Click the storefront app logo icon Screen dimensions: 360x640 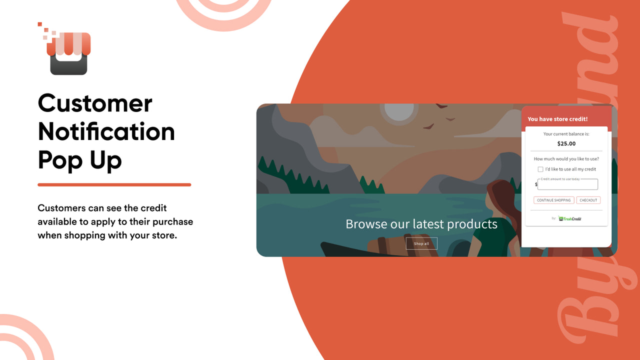[68, 53]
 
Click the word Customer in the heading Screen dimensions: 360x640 [95, 103]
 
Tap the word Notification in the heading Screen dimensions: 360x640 [106, 131]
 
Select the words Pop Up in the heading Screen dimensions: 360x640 [79, 160]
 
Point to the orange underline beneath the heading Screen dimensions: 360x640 [114, 184]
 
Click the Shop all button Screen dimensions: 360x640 [421, 243]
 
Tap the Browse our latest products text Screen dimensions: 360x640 [421, 223]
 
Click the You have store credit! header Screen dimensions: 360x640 [557, 119]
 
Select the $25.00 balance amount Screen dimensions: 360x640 [566, 143]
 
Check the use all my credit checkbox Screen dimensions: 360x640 [540, 169]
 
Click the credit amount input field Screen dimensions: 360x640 [568, 184]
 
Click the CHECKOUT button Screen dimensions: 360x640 [588, 200]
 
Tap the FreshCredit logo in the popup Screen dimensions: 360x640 [570, 218]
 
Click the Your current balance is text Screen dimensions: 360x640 [566, 134]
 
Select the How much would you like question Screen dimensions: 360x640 [566, 159]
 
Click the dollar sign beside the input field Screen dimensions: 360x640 [536, 184]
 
